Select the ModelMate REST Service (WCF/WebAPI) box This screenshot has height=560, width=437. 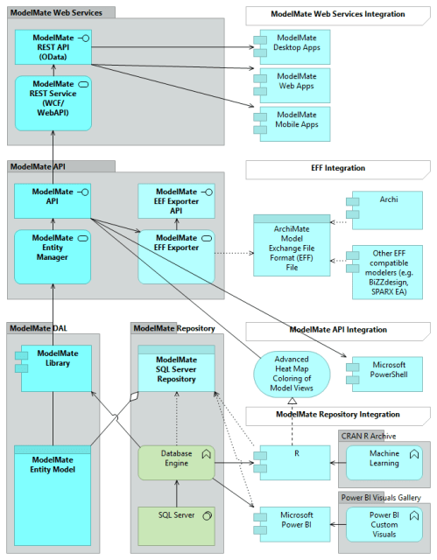pos(53,102)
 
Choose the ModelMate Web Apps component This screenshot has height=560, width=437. pos(293,87)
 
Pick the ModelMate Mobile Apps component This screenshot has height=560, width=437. pos(293,124)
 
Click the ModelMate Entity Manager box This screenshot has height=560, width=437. pos(53,256)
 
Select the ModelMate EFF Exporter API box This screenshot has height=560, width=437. pos(176,203)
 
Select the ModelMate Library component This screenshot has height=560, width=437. pos(53,367)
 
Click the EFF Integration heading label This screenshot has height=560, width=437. pos(337,167)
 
